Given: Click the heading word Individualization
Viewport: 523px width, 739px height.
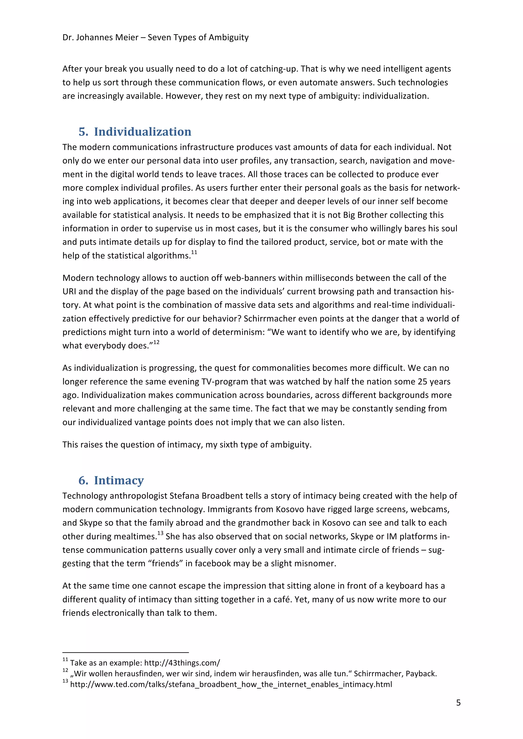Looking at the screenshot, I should click(x=142, y=132).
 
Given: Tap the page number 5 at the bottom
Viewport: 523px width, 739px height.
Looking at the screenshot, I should click(x=458, y=703).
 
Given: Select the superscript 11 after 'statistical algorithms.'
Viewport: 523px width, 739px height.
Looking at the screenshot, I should click(x=194, y=253).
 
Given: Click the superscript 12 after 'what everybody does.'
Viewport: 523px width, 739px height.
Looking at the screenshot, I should click(x=156, y=343).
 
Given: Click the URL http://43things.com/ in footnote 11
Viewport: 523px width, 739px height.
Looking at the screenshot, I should click(x=182, y=663).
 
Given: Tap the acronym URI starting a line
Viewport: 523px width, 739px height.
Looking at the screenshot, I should click(x=69, y=292).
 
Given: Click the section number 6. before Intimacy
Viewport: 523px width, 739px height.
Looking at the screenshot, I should click(x=83, y=480).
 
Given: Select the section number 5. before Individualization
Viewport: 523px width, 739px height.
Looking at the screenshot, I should click(x=83, y=132).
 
